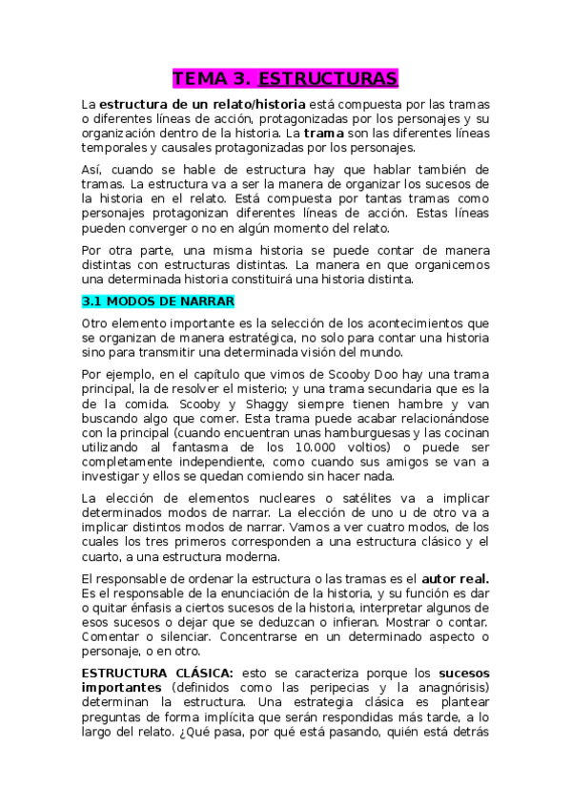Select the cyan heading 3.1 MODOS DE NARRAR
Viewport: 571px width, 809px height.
pos(157,301)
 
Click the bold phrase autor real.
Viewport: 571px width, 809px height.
pos(456,578)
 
